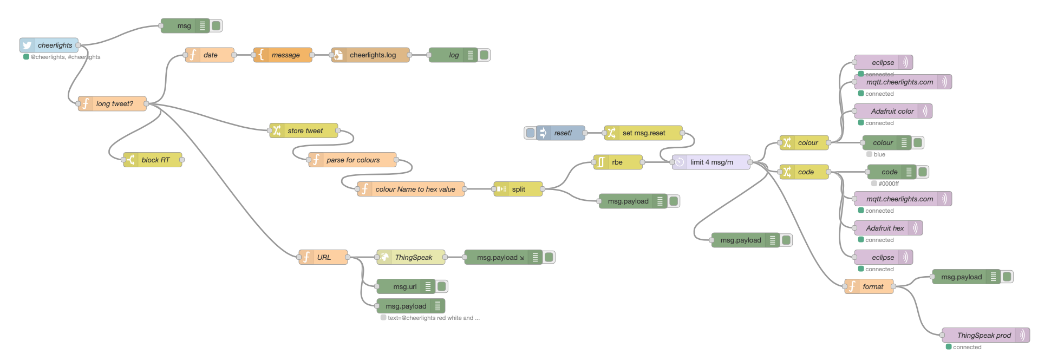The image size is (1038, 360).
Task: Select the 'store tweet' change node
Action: pyautogui.click(x=304, y=131)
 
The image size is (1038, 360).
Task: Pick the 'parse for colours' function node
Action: pyautogui.click(x=352, y=160)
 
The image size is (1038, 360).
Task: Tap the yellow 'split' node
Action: pyautogui.click(x=518, y=189)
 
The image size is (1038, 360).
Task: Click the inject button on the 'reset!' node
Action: pyautogui.click(x=530, y=133)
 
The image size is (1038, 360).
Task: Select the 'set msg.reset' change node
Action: pyautogui.click(x=643, y=133)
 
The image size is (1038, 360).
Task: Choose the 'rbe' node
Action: pyautogui.click(x=618, y=162)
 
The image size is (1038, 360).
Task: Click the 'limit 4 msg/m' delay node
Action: pyautogui.click(x=711, y=162)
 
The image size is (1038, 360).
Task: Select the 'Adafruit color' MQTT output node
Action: pyautogui.click(x=892, y=112)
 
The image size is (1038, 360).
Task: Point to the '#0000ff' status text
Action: pyautogui.click(x=889, y=184)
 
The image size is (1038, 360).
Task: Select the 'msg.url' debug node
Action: pyautogui.click(x=405, y=287)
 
